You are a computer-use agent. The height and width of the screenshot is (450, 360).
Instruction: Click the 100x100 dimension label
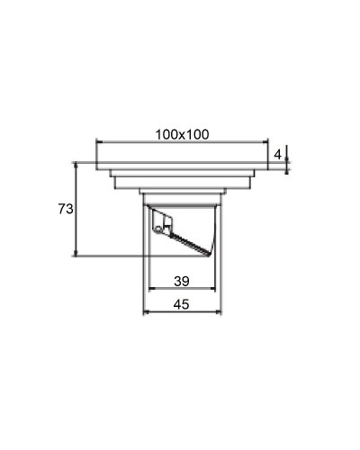[x=181, y=134]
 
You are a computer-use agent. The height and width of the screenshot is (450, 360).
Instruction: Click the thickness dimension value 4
[x=278, y=155]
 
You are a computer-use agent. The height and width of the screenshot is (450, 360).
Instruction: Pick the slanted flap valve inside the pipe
[x=189, y=240]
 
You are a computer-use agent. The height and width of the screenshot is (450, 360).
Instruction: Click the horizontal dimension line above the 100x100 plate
[x=182, y=142]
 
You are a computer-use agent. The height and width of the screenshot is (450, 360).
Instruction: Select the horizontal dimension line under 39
[x=183, y=290]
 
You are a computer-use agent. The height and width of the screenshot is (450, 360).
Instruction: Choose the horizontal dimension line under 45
[x=183, y=313]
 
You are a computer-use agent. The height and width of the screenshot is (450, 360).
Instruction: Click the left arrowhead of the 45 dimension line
[x=146, y=313]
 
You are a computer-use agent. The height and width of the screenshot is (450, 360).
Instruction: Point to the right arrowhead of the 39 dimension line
[x=215, y=290]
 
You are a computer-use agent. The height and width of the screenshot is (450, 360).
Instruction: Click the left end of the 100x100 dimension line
[x=96, y=142]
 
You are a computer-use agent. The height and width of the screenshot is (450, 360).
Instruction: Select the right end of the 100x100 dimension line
[x=267, y=142]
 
